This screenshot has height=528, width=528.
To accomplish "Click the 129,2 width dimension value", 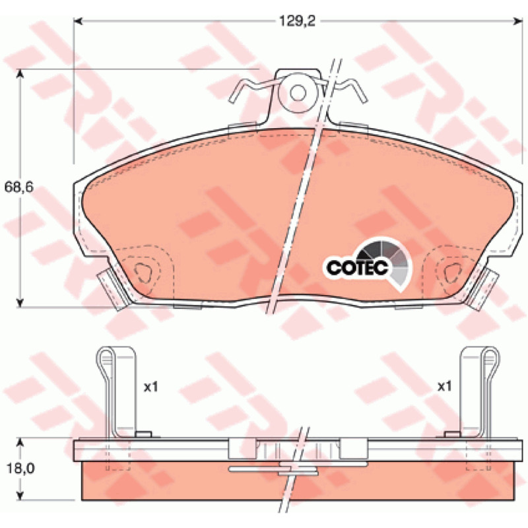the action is coord(297,22).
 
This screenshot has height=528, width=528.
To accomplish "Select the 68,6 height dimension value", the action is coord(19,187).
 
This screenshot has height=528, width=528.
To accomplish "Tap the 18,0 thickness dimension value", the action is coord(20,469).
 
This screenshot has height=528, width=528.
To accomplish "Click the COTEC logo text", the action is coord(357,268).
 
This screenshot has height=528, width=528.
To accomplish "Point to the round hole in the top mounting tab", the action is coord(298,93).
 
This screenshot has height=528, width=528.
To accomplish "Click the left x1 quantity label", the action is coord(151,387).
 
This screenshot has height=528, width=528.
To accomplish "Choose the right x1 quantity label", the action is coord(444,387).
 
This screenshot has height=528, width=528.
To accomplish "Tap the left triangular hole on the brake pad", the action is coord(143,272).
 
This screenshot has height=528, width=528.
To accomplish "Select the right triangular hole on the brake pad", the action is coord(453,272).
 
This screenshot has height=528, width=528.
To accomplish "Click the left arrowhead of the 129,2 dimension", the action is coord(78,22).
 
